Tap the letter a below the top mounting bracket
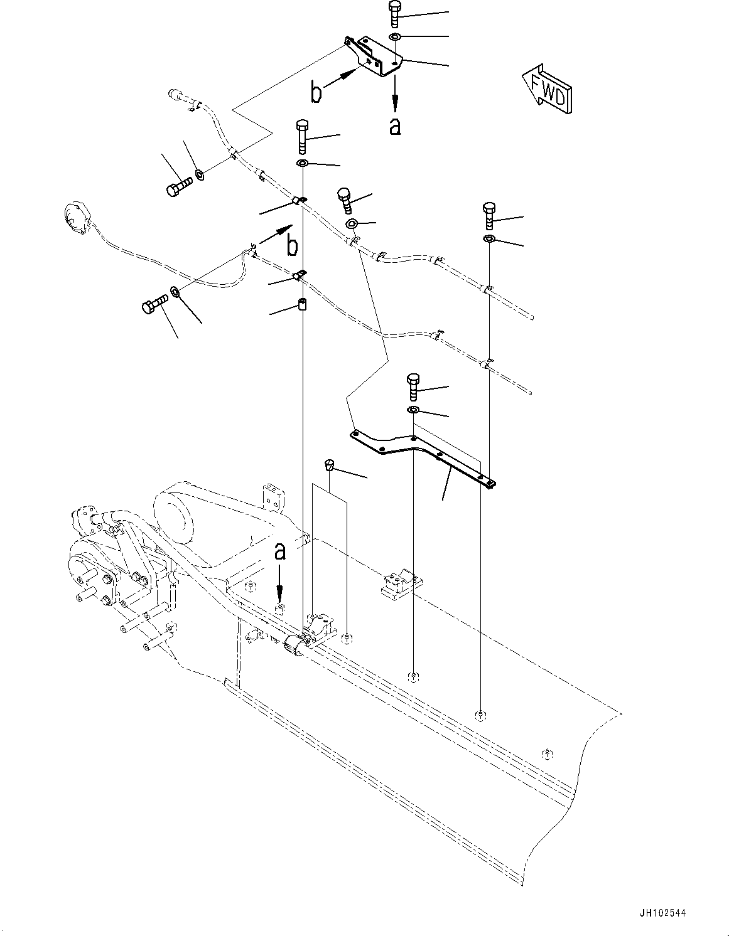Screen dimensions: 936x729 (x=394, y=126)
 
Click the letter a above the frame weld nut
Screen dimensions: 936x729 (x=280, y=551)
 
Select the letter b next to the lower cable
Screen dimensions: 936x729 (x=292, y=246)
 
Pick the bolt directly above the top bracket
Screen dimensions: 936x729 (x=394, y=13)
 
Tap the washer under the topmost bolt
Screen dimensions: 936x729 (x=395, y=38)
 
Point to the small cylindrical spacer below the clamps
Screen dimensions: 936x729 (x=301, y=306)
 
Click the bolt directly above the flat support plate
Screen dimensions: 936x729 (x=413, y=386)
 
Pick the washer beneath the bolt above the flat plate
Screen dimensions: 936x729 (x=413, y=410)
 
